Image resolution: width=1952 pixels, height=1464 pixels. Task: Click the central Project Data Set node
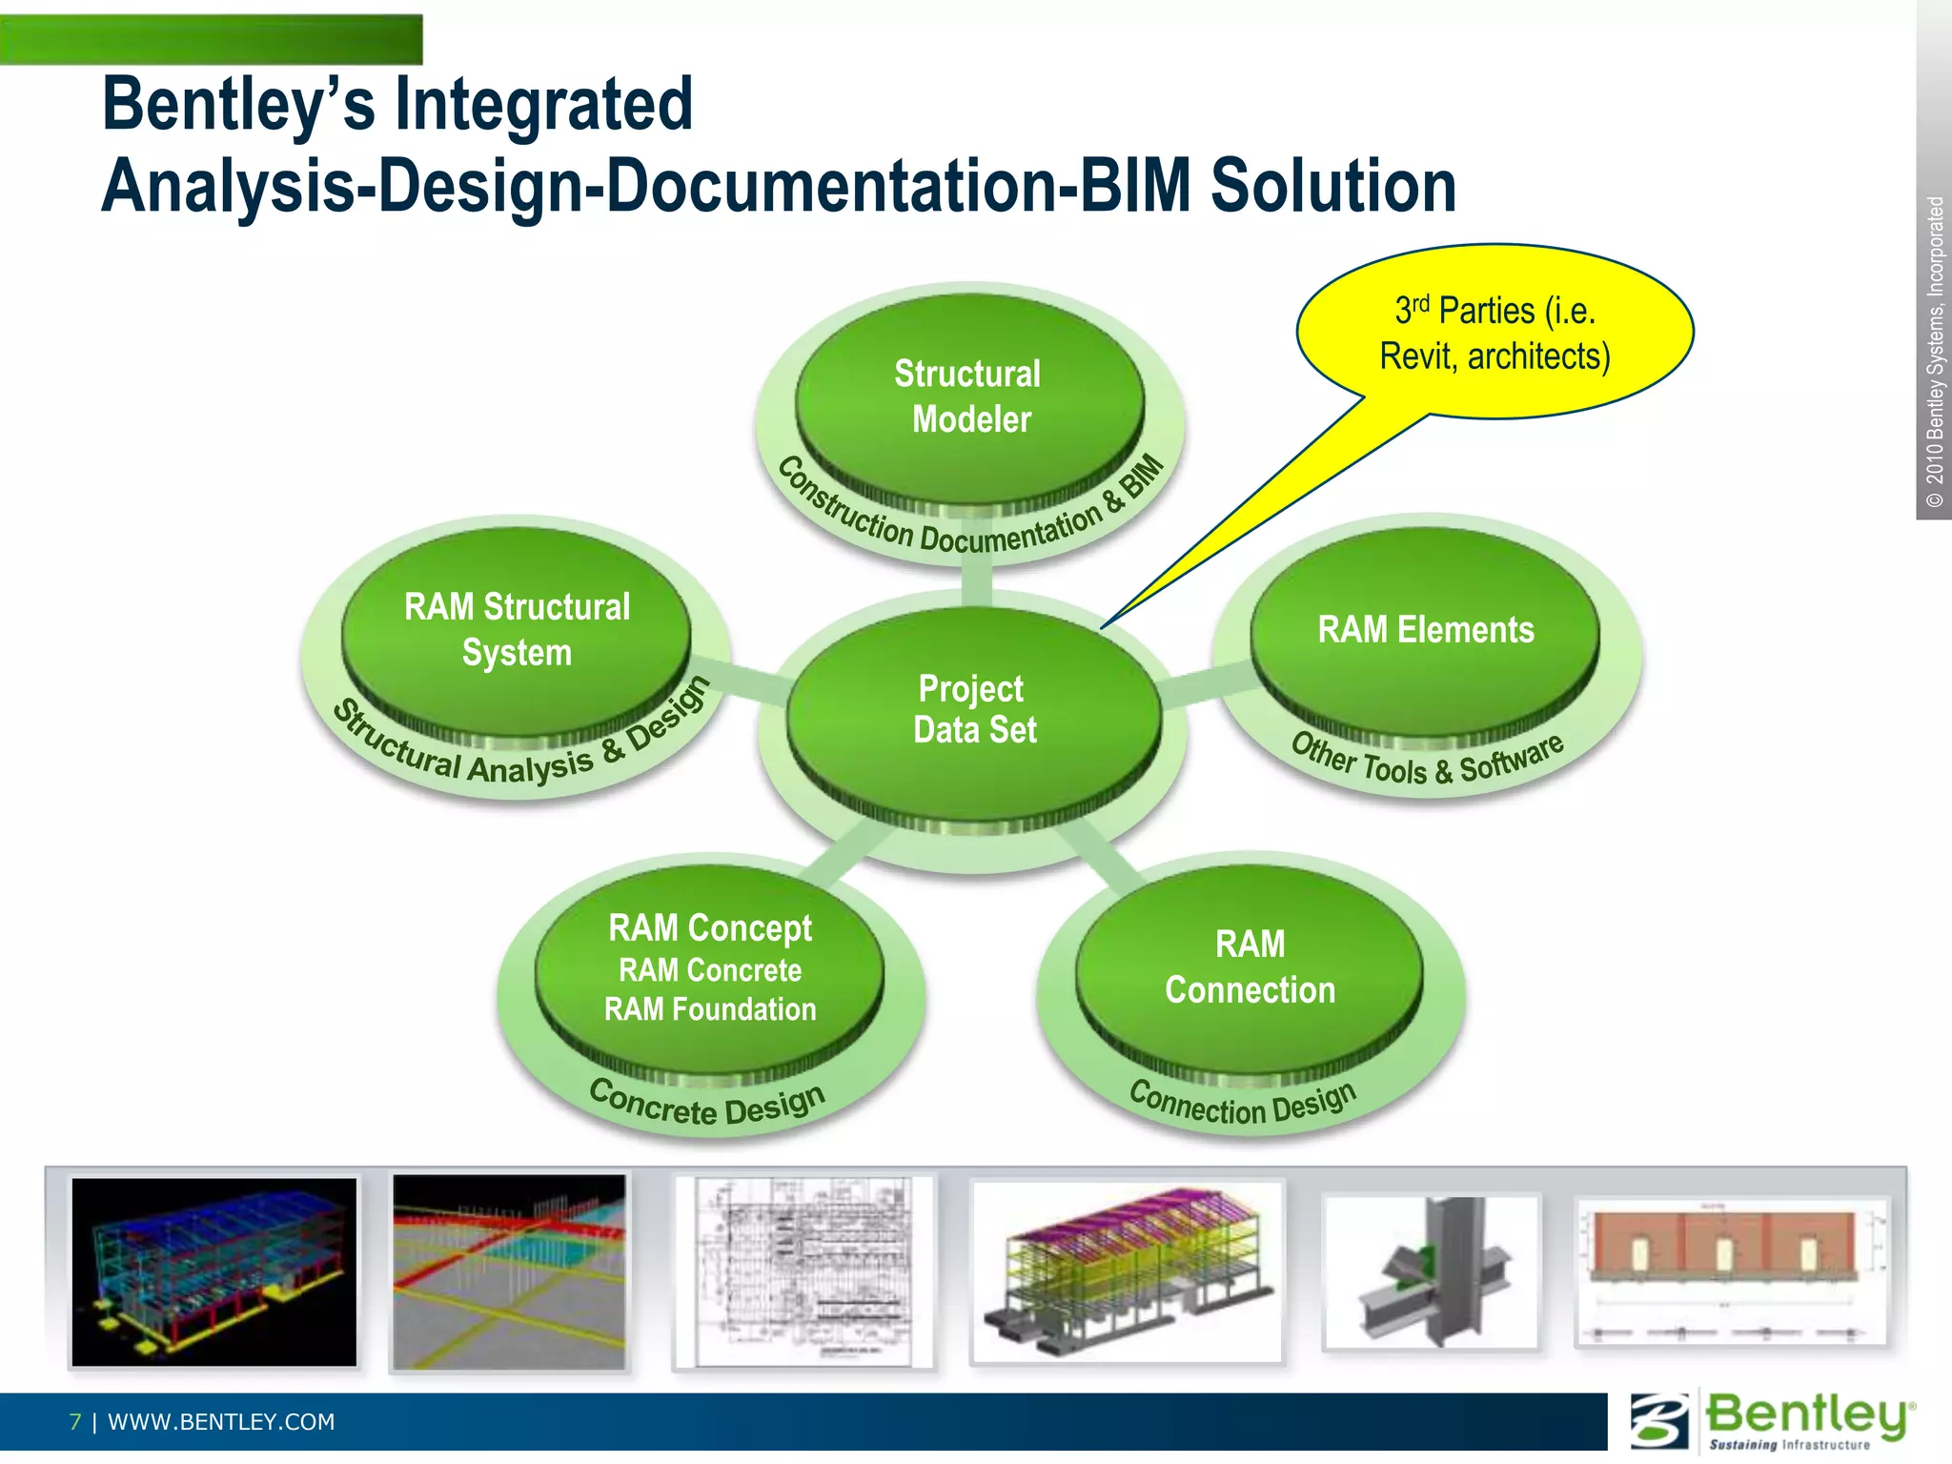pyautogui.click(x=974, y=710)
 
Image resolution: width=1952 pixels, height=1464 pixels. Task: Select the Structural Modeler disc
pyautogui.click(x=969, y=396)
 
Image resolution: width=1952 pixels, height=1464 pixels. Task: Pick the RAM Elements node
pyautogui.click(x=1425, y=631)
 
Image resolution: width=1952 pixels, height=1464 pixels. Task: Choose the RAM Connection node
pyautogui.click(x=1250, y=967)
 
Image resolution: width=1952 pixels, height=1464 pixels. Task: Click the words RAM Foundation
pyautogui.click(x=710, y=1009)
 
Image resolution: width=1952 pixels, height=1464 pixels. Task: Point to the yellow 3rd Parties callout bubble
pyautogui.click(x=1494, y=333)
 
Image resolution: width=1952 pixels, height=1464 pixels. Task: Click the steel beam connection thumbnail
pyautogui.click(x=1431, y=1272)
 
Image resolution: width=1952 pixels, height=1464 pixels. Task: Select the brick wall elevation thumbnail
pyautogui.click(x=1731, y=1272)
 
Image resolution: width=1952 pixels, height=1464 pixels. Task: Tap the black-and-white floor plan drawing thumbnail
pyautogui.click(x=803, y=1272)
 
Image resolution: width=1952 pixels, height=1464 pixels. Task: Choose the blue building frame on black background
pyautogui.click(x=214, y=1272)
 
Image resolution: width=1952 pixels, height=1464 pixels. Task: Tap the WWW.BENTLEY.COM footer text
pyautogui.click(x=221, y=1422)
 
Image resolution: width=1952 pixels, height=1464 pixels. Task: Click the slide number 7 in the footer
pyautogui.click(x=75, y=1422)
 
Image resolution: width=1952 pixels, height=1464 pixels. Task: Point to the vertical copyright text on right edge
pyautogui.click(x=1934, y=353)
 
